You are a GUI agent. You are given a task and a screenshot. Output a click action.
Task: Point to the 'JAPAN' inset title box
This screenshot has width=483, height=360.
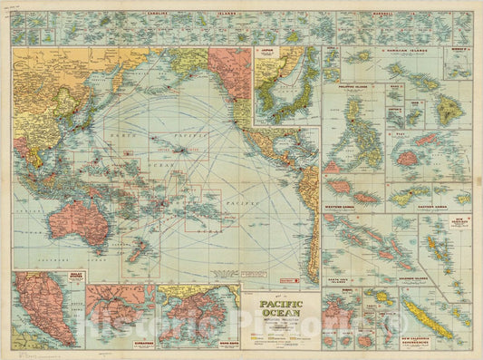click(x=267, y=54)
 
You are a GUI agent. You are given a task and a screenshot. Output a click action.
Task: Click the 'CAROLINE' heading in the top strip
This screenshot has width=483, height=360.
click(x=142, y=16)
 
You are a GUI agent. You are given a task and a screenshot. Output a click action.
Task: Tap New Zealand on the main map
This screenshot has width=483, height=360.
click(x=133, y=250)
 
